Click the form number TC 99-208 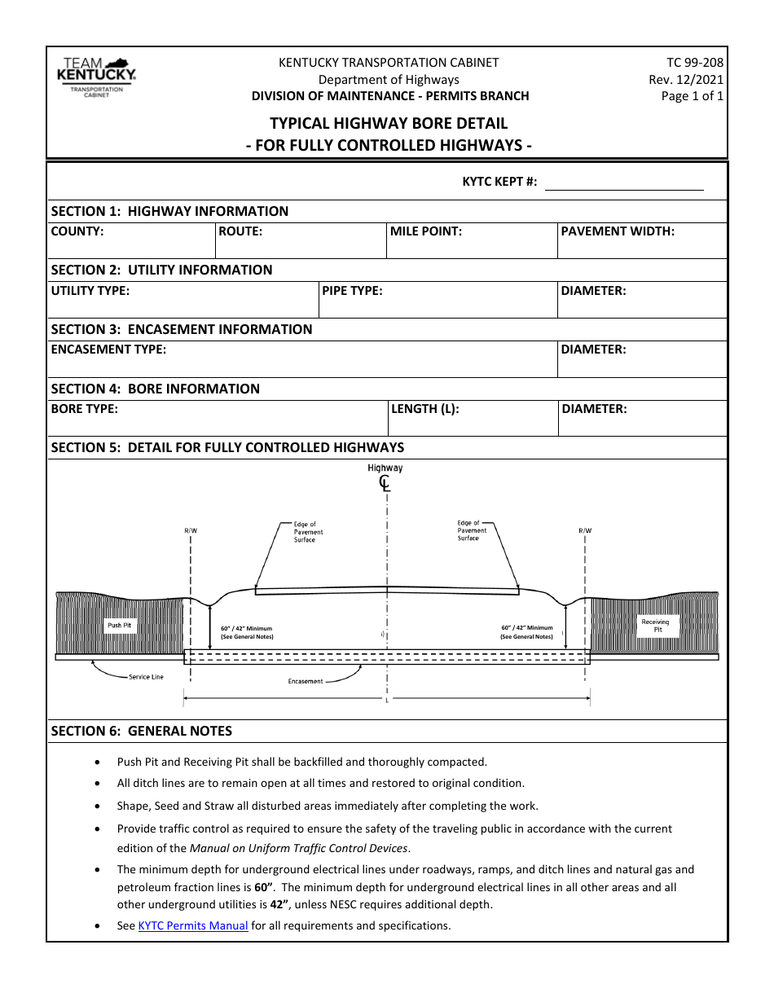[694, 62]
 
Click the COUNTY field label [77, 231]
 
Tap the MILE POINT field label [426, 231]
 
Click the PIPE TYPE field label [352, 290]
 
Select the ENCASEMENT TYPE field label [108, 349]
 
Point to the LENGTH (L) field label [424, 409]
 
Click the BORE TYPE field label [85, 409]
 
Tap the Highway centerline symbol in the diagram [385, 484]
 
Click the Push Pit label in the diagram [120, 626]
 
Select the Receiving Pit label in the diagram [655, 626]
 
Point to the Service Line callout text [146, 677]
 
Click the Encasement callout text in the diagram [306, 681]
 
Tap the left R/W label [191, 531]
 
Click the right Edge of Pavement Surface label [472, 530]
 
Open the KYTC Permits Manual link [193, 925]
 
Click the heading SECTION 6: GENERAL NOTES [142, 732]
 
